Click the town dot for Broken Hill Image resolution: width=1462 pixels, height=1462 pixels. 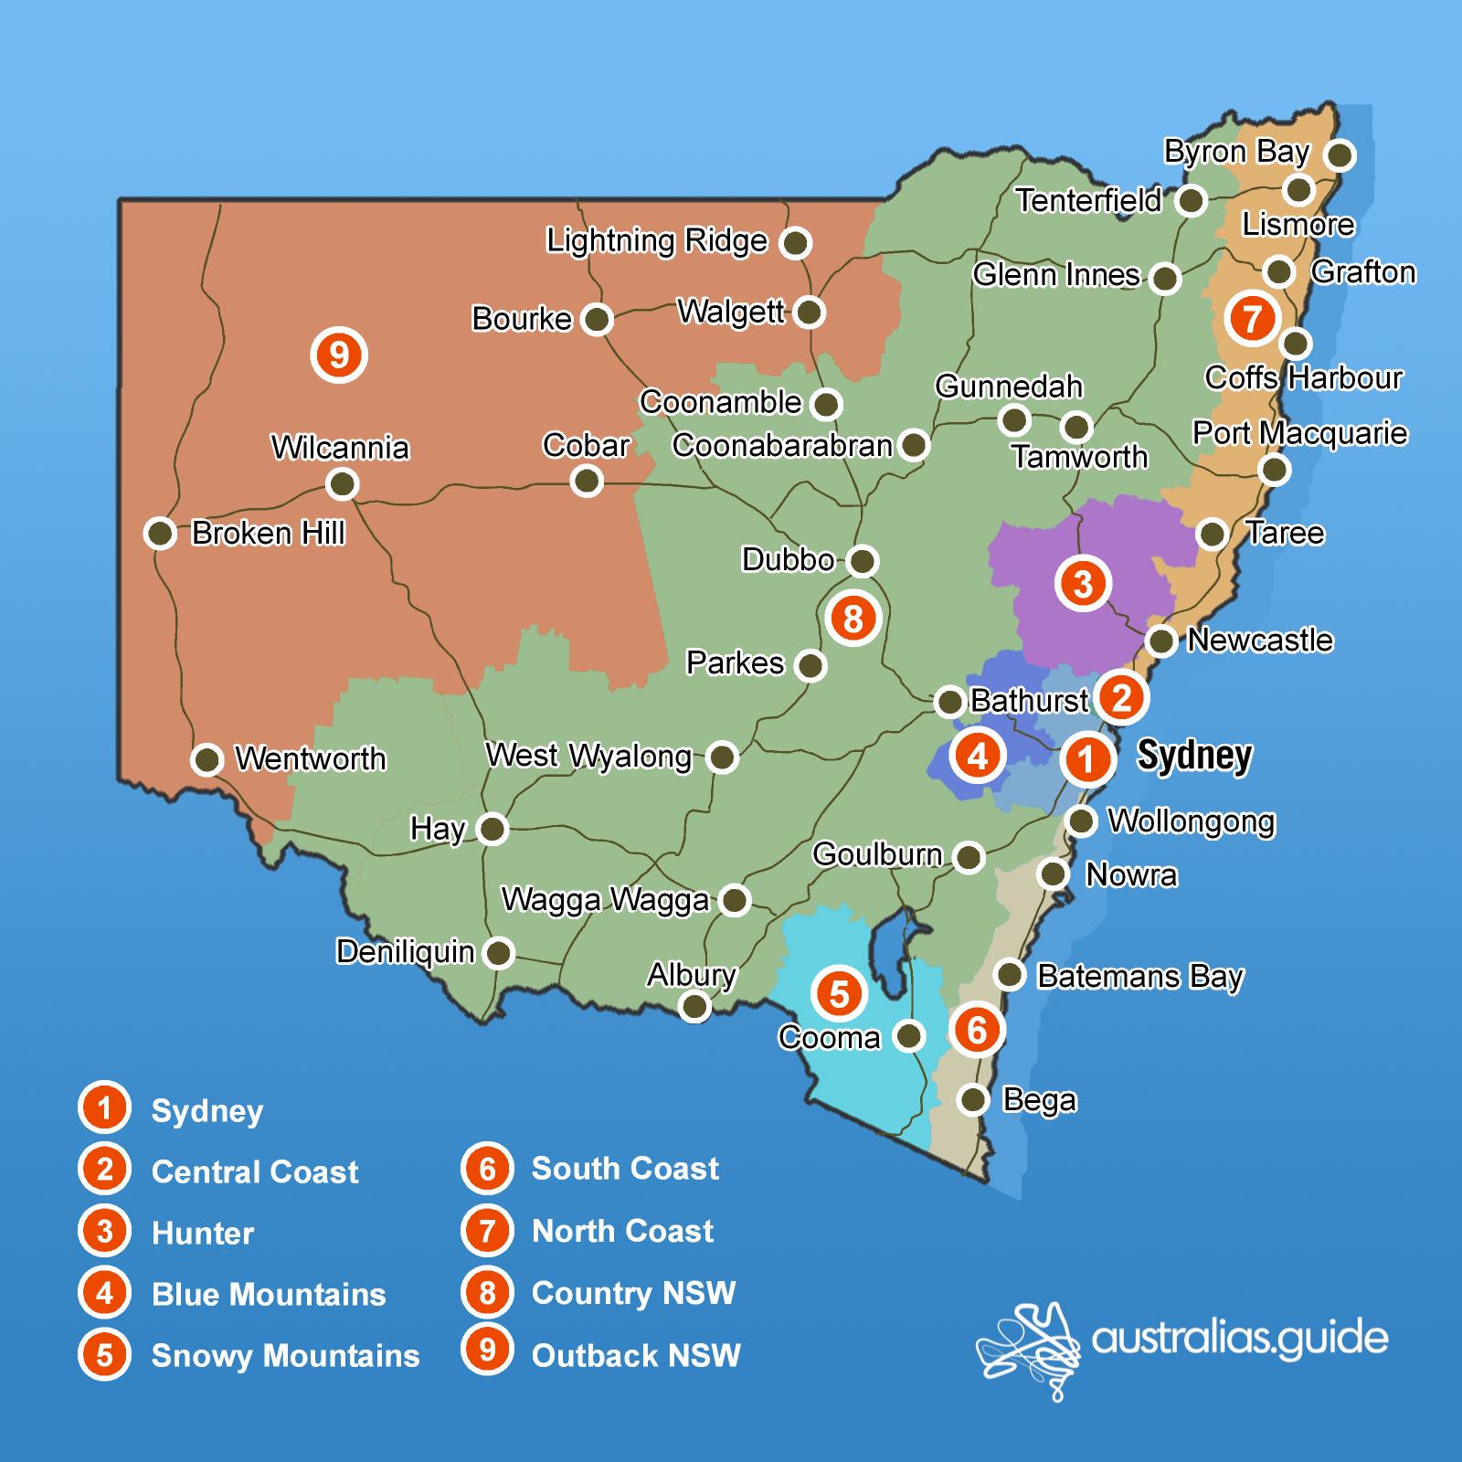(161, 533)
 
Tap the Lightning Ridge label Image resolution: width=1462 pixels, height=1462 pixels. (656, 241)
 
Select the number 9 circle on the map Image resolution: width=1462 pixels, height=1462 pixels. (339, 355)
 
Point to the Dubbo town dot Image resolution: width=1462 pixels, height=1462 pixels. (863, 560)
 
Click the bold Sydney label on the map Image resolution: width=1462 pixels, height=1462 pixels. (1194, 756)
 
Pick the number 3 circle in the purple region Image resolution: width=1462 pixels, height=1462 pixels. (1083, 583)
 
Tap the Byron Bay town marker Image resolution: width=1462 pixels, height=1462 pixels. (1340, 154)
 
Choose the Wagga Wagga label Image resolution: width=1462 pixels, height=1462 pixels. (605, 900)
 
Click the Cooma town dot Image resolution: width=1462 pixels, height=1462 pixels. (909, 1036)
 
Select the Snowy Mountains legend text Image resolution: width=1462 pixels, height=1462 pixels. (285, 1356)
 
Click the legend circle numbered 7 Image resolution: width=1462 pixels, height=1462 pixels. (487, 1231)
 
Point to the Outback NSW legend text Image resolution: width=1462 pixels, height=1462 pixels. (636, 1356)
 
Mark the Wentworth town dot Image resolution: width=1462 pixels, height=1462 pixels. (207, 758)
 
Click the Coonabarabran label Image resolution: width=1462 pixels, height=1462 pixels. (782, 445)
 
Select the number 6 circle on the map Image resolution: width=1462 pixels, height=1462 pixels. (977, 1030)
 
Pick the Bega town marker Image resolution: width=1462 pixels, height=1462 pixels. (975, 1099)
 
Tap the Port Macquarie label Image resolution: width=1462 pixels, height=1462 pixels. (1299, 432)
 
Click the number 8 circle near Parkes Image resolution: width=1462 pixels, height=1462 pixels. (853, 619)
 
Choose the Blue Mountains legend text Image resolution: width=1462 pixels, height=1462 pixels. (269, 1295)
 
